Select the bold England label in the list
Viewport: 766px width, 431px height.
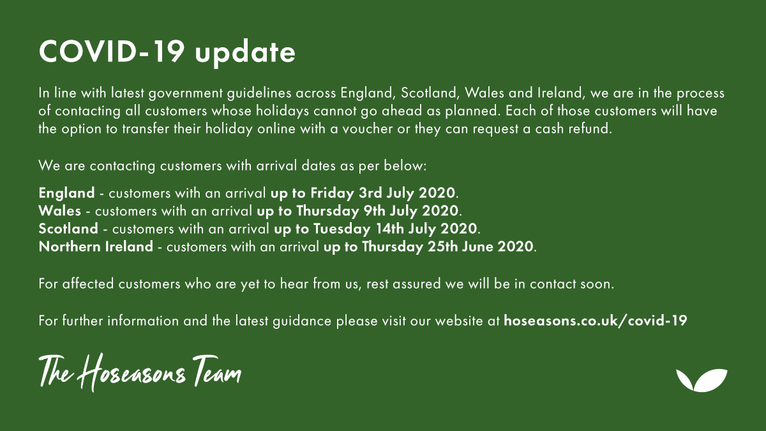tap(66, 192)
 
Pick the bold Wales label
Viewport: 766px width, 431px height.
tap(59, 210)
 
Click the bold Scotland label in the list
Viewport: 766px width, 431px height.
tap(68, 228)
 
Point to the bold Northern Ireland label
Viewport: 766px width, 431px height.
tap(96, 246)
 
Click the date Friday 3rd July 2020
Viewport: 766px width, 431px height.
tap(383, 192)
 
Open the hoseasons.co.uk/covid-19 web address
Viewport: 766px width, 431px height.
tap(595, 321)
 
